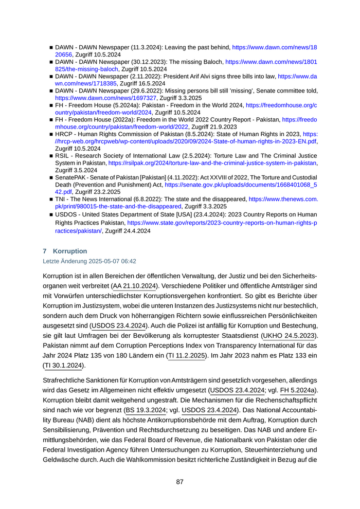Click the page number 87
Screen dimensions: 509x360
tap(180, 482)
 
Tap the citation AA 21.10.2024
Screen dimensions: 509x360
tap(135, 285)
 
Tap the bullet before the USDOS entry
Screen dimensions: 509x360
tap(51, 214)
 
